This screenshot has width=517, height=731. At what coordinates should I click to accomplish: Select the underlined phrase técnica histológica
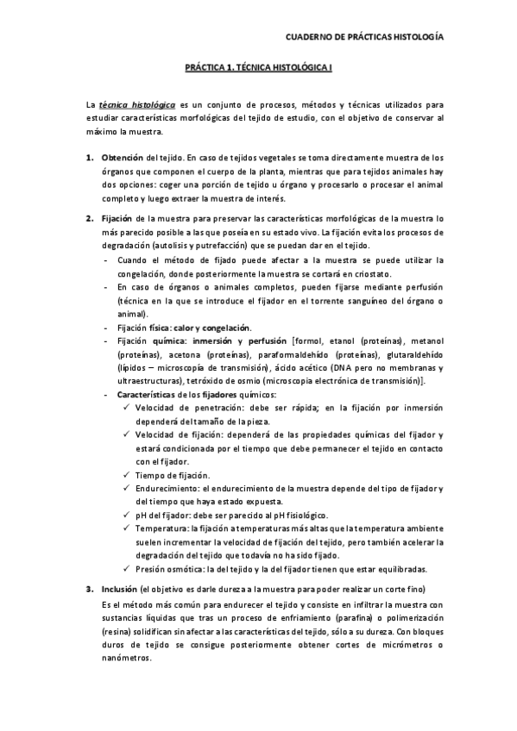(x=137, y=104)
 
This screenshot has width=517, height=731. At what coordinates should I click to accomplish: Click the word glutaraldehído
(x=415, y=354)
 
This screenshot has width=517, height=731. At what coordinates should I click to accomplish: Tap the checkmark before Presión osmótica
(x=127, y=569)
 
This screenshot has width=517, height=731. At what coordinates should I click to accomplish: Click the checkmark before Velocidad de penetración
(x=127, y=408)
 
